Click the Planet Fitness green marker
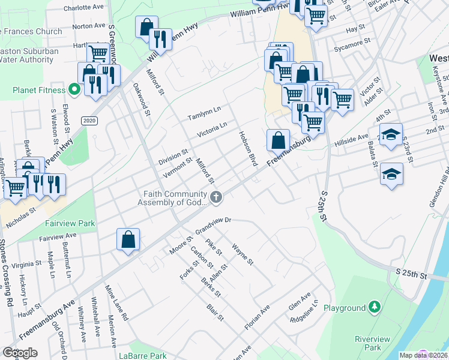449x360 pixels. pyautogui.click(x=74, y=91)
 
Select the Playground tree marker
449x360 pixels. pyautogui.click(x=375, y=308)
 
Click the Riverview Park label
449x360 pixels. pyautogui.click(x=368, y=343)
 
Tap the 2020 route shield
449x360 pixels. pyautogui.click(x=89, y=121)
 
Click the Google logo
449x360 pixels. pyautogui.click(x=20, y=352)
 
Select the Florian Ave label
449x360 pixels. pyautogui.click(x=257, y=317)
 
